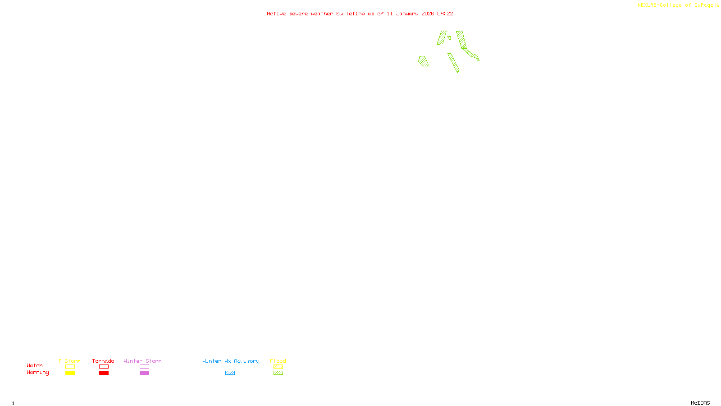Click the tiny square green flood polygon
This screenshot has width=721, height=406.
click(449, 38)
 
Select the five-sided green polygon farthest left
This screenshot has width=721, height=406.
click(423, 61)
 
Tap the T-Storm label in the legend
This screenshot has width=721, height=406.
click(69, 361)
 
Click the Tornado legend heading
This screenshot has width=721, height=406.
click(103, 361)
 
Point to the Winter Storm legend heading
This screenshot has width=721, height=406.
click(142, 361)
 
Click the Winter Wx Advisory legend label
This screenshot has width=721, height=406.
click(231, 361)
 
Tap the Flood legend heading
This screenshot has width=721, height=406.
click(278, 361)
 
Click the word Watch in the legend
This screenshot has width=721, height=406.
click(35, 365)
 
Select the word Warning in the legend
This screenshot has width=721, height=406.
click(38, 373)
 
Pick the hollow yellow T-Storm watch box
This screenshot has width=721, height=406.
click(70, 367)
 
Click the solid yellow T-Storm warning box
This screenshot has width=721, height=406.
click(70, 373)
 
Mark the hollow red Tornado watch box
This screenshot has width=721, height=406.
click(104, 367)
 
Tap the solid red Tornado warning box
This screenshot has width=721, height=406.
click(104, 373)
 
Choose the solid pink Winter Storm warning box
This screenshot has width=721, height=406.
click(144, 373)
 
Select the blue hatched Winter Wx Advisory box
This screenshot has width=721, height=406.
click(230, 373)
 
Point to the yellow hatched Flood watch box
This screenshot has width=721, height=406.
click(278, 367)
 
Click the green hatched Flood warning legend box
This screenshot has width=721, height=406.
click(278, 373)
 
